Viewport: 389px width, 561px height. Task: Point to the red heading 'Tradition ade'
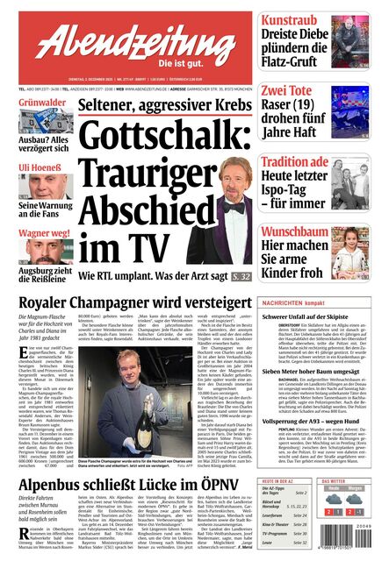click(x=294, y=162)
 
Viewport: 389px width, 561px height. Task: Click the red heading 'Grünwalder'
click(x=36, y=104)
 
